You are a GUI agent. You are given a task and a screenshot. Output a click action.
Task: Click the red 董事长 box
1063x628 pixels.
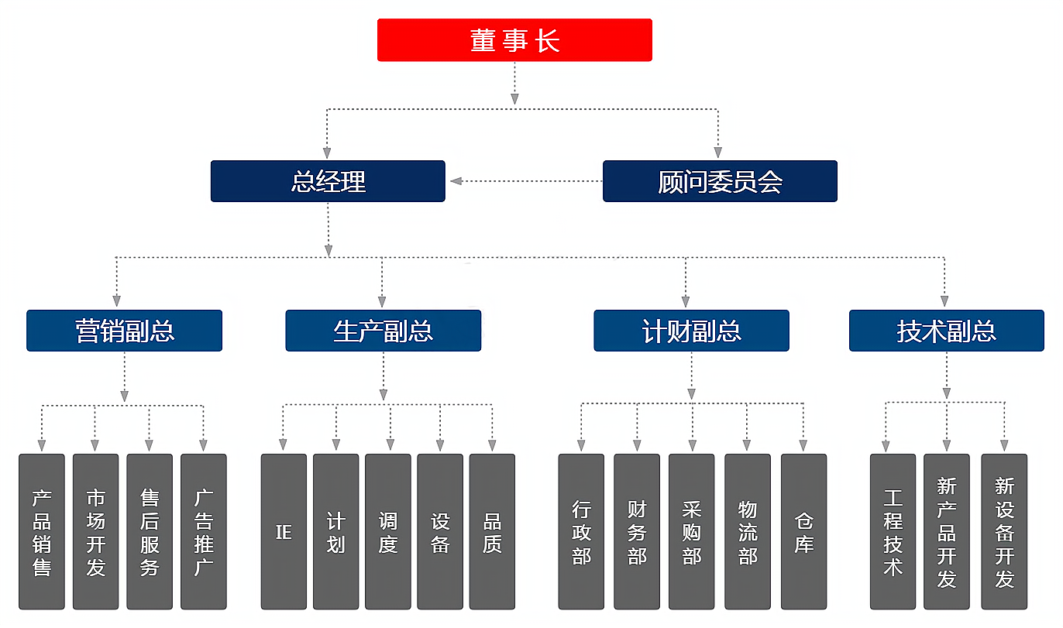[514, 40]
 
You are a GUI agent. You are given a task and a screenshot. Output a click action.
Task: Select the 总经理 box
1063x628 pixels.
[328, 181]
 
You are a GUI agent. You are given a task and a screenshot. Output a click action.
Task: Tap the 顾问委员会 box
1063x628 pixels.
[720, 181]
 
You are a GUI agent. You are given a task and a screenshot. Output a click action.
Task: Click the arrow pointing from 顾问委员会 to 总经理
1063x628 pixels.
[457, 181]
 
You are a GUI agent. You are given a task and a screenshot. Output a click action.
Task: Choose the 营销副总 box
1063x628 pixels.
[124, 331]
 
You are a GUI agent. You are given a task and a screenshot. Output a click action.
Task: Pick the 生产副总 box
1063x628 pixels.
[383, 331]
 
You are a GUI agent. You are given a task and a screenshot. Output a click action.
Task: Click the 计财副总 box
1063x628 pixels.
[691, 331]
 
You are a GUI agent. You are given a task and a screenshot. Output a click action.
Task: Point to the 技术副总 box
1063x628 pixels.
[946, 331]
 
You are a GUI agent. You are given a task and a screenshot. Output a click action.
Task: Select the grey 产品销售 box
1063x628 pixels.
[42, 531]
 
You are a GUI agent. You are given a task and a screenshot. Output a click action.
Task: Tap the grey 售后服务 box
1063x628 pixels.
[150, 531]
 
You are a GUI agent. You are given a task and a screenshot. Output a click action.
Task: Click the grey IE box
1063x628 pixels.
[284, 531]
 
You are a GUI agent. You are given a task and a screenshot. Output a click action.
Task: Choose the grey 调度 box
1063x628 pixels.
[388, 531]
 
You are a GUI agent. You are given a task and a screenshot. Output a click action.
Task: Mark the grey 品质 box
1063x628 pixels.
[492, 531]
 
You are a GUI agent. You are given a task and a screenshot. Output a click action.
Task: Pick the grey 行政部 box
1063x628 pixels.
[581, 531]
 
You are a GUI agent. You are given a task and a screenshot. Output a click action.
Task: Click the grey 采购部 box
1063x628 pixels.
[692, 531]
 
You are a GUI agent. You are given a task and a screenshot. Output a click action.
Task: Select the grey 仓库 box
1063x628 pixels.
[803, 531]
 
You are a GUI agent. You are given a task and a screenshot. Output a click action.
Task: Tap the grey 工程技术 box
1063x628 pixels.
[893, 531]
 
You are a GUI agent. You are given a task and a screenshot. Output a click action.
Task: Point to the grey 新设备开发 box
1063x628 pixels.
[1004, 531]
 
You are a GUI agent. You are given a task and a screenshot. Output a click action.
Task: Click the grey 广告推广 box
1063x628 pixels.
[204, 531]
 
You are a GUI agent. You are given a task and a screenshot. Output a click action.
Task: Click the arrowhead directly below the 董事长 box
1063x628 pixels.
[514, 98]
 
